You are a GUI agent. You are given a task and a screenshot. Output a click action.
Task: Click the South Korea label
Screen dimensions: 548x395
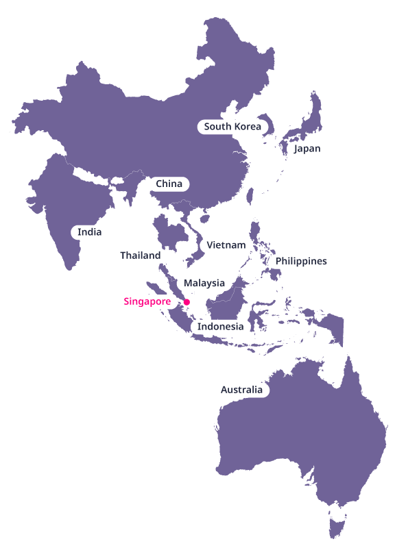232,127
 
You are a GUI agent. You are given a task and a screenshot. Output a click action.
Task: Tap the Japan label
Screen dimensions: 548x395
307,149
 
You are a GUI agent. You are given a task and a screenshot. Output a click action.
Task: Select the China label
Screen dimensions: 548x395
169,184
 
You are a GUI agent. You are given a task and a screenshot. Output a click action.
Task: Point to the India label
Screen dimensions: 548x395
89,232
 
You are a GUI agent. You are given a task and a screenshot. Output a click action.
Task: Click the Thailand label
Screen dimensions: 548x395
140,256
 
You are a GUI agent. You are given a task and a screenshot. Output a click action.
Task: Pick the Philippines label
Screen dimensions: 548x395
301,261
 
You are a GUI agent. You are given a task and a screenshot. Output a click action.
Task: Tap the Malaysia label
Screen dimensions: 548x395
204,283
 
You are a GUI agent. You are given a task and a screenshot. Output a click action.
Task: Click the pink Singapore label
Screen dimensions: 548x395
147,301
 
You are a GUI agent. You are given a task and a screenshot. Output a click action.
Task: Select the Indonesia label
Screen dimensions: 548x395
220,327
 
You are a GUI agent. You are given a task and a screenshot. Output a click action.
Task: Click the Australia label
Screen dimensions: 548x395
241,390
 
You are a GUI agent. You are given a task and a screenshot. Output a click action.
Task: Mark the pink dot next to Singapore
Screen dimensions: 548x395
187,301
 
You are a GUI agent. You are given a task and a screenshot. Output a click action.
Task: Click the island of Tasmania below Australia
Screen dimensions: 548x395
336,528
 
